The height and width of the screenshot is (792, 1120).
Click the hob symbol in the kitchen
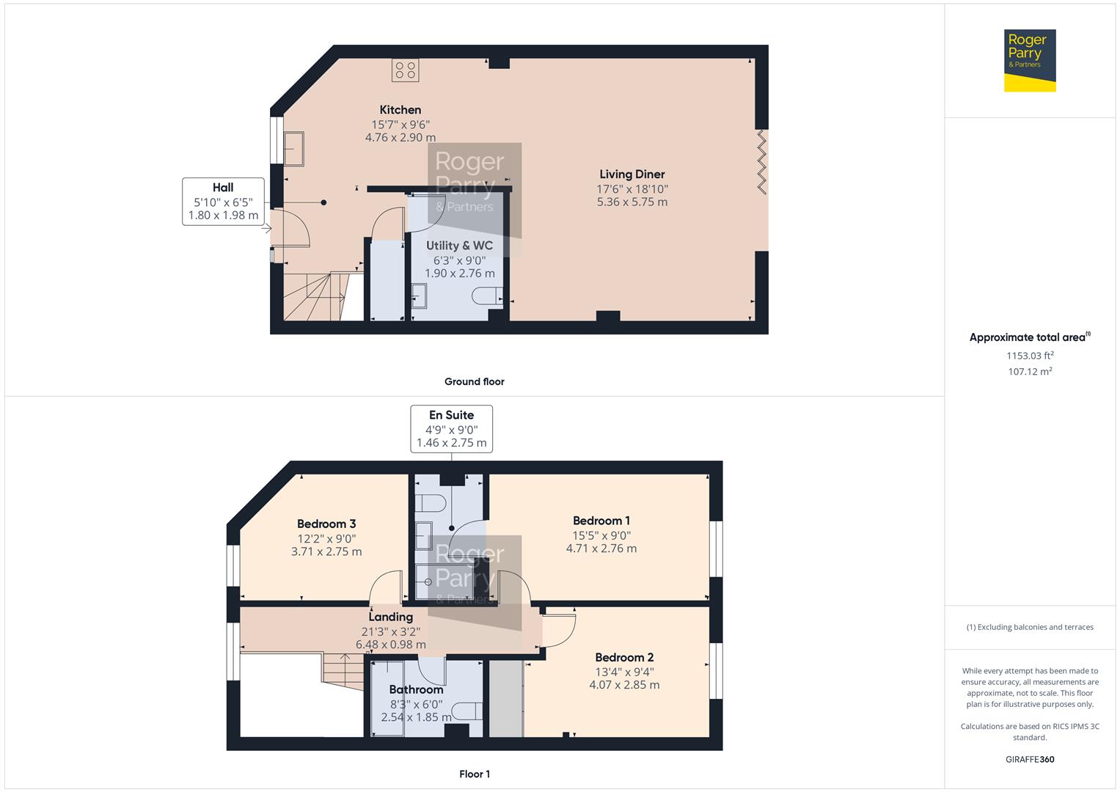406,70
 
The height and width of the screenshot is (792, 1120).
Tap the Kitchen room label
400,110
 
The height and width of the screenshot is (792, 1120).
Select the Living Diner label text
632,175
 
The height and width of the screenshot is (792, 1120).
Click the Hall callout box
223,201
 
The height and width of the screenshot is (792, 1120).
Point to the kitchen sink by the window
295,149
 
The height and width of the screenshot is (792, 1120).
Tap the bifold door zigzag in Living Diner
761,162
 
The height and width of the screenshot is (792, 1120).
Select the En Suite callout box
451,429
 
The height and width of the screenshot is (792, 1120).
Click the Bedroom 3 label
326,524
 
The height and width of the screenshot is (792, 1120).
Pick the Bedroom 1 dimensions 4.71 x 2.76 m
601,549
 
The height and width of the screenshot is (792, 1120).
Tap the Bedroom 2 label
624,658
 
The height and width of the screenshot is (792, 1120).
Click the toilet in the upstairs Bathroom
467,711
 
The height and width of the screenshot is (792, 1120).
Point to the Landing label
390,617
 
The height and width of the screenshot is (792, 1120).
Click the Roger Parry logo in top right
1029,61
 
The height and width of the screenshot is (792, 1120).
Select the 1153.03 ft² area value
1029,356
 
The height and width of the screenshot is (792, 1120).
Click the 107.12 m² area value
1029,372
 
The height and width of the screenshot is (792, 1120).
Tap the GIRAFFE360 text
1029,759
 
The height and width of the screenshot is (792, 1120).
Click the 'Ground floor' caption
474,381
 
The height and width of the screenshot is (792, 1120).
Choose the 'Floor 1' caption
474,774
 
